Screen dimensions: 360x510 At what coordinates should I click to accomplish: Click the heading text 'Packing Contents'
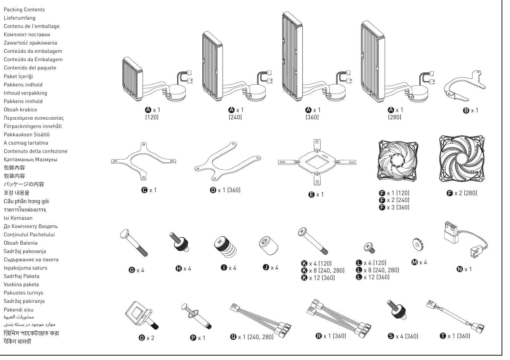[24, 10]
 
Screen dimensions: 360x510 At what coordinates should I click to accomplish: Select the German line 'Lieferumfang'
[19, 18]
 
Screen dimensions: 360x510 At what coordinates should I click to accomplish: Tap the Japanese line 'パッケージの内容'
[24, 184]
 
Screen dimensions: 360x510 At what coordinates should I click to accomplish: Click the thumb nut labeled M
[416, 244]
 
